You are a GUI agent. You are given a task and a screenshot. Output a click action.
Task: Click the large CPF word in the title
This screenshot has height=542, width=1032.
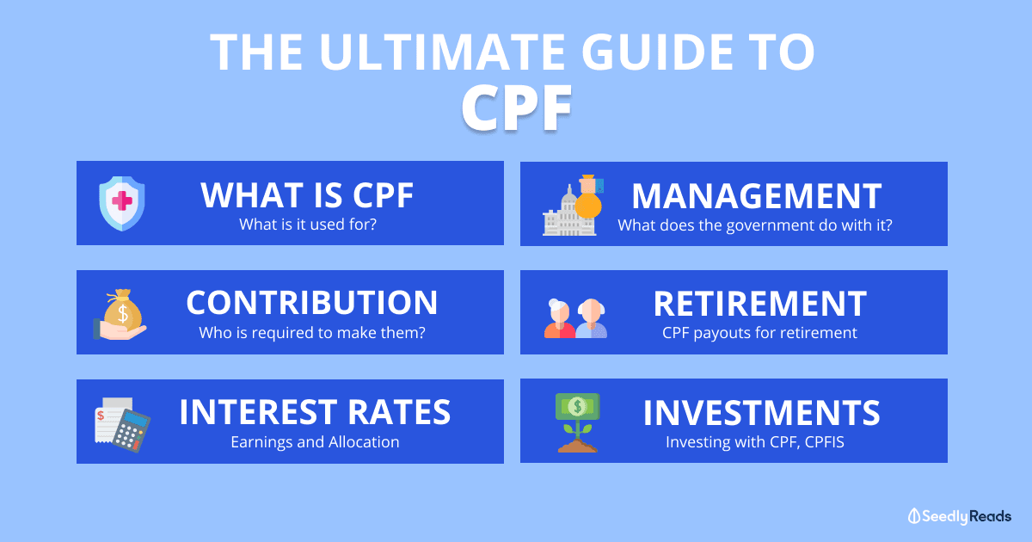coord(517,108)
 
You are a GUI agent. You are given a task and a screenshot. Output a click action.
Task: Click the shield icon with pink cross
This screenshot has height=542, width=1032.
coord(122,203)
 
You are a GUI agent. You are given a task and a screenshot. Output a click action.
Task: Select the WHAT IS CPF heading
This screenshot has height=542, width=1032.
coord(307,195)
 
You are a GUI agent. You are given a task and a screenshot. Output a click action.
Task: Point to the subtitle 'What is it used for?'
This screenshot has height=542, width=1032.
coord(308,225)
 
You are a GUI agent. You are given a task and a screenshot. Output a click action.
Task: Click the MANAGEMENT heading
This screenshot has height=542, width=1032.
coord(757,196)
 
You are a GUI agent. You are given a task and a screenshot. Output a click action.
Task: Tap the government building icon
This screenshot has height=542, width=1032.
coord(569,212)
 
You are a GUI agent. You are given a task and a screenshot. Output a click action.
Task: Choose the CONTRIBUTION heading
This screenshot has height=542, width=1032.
coord(312,303)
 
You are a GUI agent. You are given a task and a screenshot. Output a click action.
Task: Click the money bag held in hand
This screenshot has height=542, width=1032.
coord(122,309)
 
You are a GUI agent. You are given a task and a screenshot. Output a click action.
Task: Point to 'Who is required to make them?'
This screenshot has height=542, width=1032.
coord(312,333)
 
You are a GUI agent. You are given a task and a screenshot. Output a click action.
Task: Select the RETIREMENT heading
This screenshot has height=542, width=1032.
coord(759,305)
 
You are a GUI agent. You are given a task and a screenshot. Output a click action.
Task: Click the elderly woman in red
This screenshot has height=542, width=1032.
coord(559,318)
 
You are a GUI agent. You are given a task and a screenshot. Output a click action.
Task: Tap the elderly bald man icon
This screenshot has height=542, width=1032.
coord(592,318)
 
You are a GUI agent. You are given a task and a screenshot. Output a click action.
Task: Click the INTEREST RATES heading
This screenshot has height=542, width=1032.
coord(315,412)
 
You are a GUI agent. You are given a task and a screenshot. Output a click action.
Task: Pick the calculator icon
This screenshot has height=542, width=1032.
coord(132,430)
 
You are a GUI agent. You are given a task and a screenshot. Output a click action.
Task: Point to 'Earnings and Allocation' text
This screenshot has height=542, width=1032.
coord(315,442)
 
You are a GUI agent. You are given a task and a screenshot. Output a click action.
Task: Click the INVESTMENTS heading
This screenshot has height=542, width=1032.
coord(761,413)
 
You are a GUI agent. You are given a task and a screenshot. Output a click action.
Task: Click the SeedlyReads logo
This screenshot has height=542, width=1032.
coord(960,517)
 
